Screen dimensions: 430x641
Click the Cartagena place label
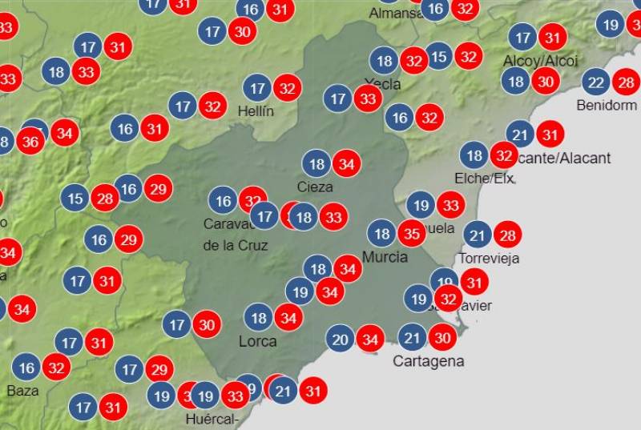tap(428, 361)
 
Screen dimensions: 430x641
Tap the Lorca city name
tap(258, 342)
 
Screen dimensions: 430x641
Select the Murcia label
tap(385, 257)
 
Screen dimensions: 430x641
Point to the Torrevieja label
tap(489, 258)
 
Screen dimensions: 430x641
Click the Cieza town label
tap(315, 187)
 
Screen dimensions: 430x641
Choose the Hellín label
tap(256, 111)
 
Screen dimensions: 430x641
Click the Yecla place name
tap(383, 84)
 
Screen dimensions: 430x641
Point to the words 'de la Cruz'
tap(236, 245)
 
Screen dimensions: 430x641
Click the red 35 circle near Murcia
tap(413, 234)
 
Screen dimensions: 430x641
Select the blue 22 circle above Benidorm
tap(595, 82)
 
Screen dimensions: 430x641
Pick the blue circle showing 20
tap(340, 340)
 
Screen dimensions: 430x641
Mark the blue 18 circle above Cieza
tap(317, 164)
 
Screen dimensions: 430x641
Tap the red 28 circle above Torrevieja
tap(507, 235)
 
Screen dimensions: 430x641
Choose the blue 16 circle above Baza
tap(26, 368)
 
